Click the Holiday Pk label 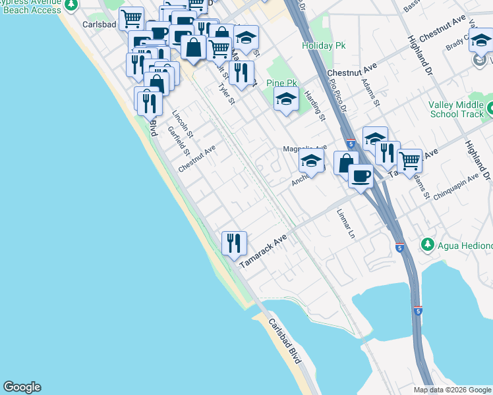(324, 46)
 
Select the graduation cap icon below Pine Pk (286, 100)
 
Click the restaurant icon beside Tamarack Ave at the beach (234, 244)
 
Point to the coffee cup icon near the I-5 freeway (361, 176)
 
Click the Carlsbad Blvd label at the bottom (285, 342)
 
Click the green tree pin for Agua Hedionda (428, 245)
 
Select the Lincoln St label (183, 123)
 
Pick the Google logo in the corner (22, 387)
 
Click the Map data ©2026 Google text (452, 390)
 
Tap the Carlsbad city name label (100, 24)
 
